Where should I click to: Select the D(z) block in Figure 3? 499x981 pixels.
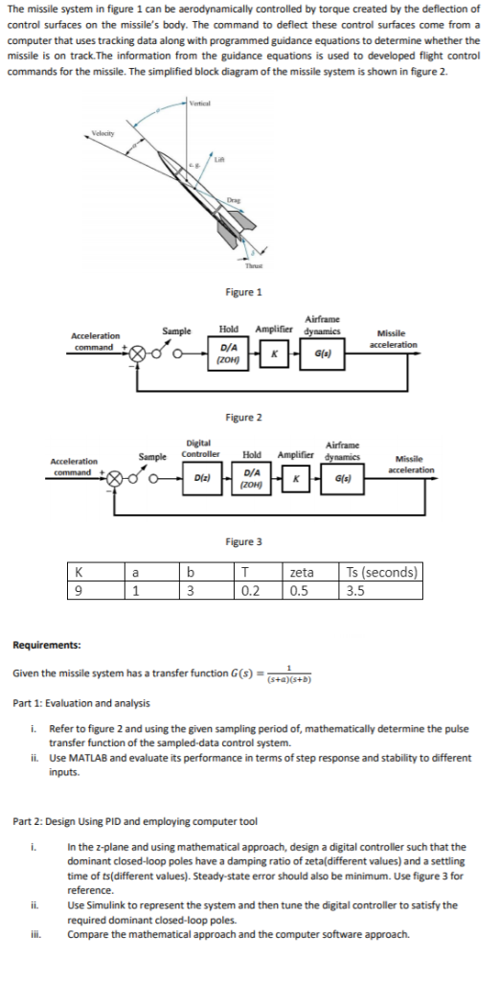203,476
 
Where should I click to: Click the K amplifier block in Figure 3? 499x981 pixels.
297,476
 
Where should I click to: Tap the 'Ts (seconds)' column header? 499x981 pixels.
380,573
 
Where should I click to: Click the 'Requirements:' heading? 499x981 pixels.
46,646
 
